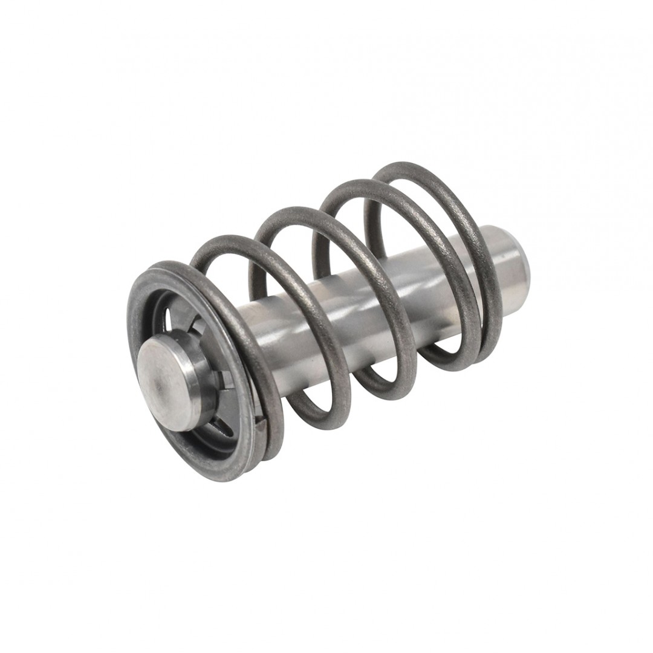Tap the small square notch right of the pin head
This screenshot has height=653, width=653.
(225, 380)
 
